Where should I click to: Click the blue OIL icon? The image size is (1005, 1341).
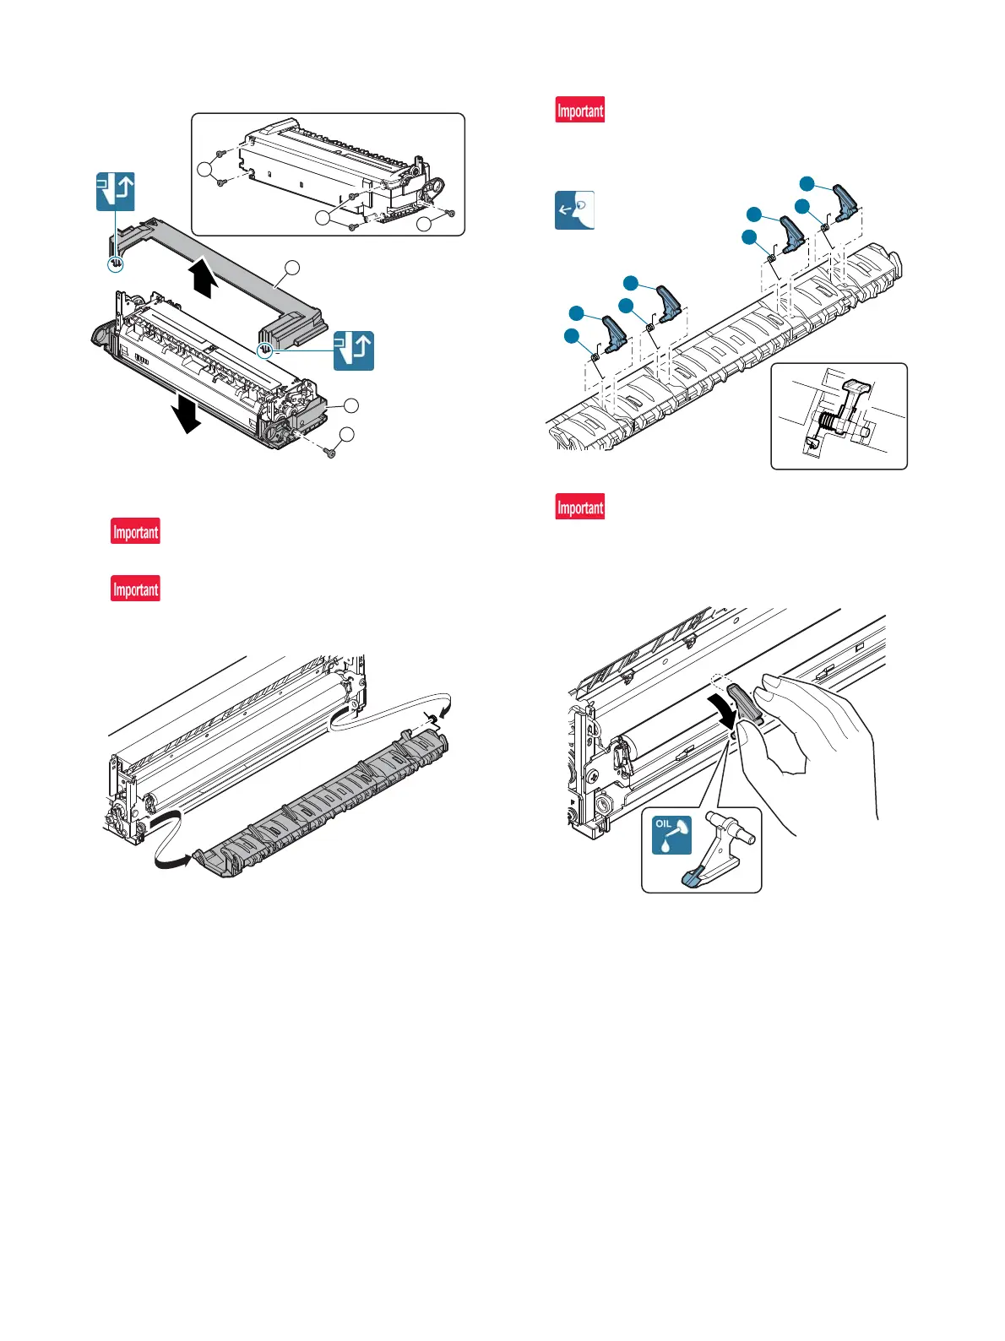672,835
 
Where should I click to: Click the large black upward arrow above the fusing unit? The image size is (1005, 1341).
202,280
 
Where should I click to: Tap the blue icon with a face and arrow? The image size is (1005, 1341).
574,210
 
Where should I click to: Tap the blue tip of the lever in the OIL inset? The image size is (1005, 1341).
695,879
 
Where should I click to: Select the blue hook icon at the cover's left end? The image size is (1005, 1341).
116,192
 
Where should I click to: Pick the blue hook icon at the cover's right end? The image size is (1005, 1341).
354,350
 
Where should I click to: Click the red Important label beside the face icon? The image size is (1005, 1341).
580,111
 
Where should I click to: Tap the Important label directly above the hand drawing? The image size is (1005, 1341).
580,508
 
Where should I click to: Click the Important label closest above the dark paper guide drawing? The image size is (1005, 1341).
136,589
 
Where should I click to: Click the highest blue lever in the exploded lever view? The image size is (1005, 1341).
845,199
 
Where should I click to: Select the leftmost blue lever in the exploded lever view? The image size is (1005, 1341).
614,334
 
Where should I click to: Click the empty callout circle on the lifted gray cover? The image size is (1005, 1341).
291,268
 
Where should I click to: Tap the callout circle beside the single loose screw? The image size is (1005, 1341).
346,435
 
